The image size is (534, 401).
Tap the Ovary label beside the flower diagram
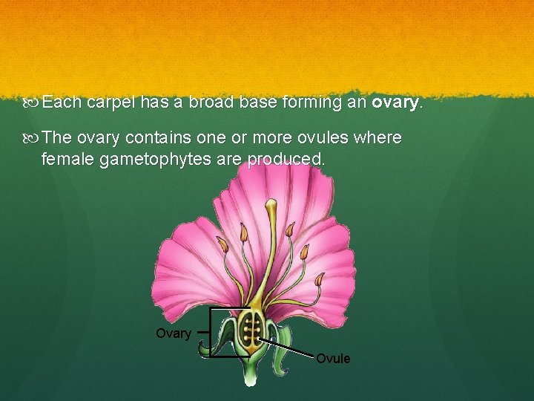[x=173, y=333]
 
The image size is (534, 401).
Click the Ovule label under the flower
[x=333, y=359]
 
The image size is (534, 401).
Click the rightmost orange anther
[x=319, y=280]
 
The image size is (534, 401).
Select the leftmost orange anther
[x=222, y=244]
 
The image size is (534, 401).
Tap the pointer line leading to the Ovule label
[x=289, y=348]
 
